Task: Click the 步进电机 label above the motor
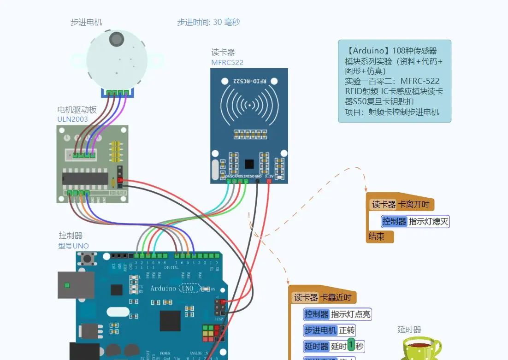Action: point(86,22)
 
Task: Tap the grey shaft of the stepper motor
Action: point(117,39)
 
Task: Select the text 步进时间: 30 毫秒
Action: point(208,22)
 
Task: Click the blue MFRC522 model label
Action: point(227,63)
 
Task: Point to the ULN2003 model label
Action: point(72,119)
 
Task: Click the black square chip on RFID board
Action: point(249,164)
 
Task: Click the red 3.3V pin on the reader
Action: point(269,181)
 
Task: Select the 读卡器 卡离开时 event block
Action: point(401,204)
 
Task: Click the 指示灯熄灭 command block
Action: point(415,221)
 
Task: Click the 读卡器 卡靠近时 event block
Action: point(323,297)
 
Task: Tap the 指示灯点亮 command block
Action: point(337,314)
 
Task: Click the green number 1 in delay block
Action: point(351,345)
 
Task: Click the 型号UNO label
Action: point(73,246)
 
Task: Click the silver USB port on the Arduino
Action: point(76,285)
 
